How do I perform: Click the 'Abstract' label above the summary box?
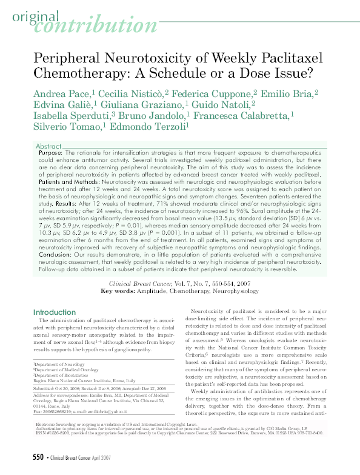click(49, 147)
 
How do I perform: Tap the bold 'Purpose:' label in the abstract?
click(50, 154)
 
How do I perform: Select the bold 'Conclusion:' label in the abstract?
click(57, 254)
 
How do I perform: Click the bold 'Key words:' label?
click(120, 292)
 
